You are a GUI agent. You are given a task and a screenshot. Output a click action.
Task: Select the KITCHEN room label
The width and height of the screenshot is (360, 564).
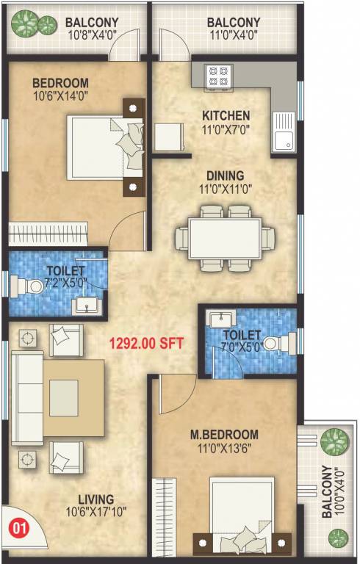click(226, 115)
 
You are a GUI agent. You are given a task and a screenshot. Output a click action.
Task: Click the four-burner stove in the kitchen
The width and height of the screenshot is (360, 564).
click(218, 73)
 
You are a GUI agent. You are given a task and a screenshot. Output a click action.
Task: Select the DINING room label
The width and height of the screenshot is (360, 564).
click(225, 176)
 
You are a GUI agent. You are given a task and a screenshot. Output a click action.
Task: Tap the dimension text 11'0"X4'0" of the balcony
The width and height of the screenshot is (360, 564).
click(234, 35)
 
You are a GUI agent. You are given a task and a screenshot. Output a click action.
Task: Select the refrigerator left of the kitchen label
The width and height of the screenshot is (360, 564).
click(168, 137)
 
